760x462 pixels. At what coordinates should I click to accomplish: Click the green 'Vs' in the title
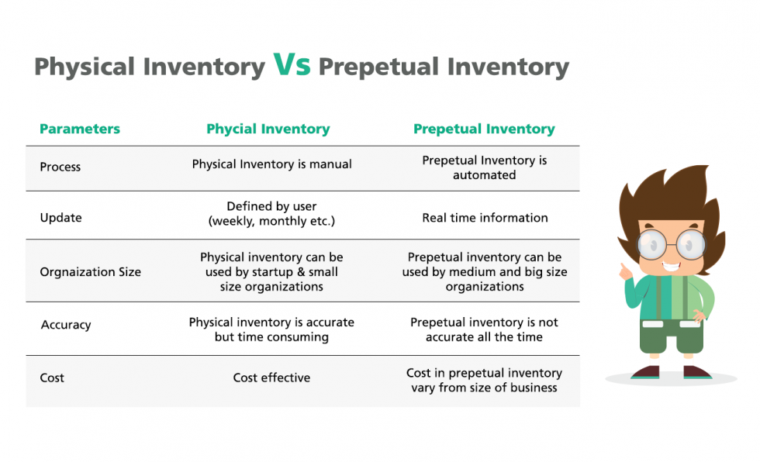point(292,66)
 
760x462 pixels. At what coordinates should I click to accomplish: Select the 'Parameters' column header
point(80,129)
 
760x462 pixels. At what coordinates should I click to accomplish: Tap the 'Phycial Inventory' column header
point(268,129)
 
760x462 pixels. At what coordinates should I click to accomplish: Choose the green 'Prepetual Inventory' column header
point(484,129)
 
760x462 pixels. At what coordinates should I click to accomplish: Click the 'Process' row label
point(60,167)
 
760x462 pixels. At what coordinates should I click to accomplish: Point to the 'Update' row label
point(60,218)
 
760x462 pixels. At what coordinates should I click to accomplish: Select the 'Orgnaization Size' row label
point(91,272)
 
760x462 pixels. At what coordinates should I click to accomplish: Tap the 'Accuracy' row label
point(66,326)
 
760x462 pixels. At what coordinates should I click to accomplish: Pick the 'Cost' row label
point(52,378)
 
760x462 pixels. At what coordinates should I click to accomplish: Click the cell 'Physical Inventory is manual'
point(271,164)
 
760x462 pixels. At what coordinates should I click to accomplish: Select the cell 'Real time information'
point(485,218)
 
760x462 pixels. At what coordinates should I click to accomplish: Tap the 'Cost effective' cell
point(271,378)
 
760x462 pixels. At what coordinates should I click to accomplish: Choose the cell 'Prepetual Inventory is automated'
point(485,167)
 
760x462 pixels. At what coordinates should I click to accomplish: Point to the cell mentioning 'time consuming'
point(271,329)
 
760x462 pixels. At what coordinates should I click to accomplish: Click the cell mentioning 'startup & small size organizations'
point(271,271)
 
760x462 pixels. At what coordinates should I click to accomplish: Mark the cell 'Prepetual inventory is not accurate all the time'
point(484,329)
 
